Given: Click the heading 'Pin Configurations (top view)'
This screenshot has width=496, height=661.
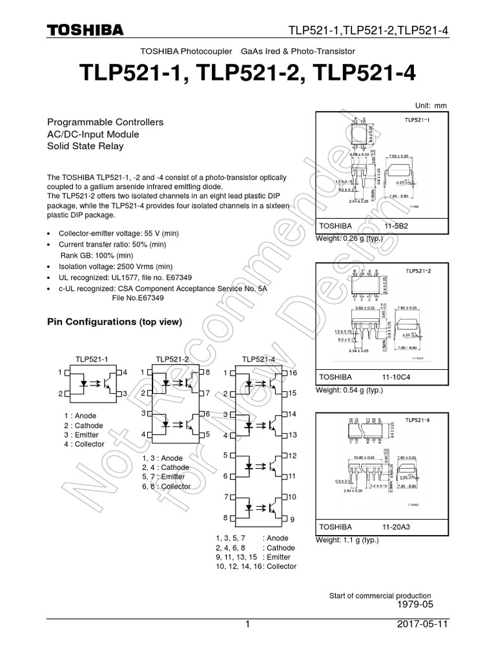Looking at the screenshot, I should point(116,321).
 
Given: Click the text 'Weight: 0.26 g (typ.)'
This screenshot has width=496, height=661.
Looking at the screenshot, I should point(349,239).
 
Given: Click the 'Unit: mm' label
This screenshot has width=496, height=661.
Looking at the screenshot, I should point(430,106).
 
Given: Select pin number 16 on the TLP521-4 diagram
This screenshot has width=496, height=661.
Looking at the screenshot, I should point(293,373).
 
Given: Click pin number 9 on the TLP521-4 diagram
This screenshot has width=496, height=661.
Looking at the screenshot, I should point(292,519).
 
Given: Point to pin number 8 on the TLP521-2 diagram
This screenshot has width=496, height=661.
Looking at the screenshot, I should point(207,372).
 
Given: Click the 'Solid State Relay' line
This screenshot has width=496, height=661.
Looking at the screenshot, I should point(86,146).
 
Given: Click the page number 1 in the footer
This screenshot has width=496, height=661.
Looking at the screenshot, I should point(247,625).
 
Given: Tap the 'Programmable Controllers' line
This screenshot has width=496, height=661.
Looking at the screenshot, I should point(106,122).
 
